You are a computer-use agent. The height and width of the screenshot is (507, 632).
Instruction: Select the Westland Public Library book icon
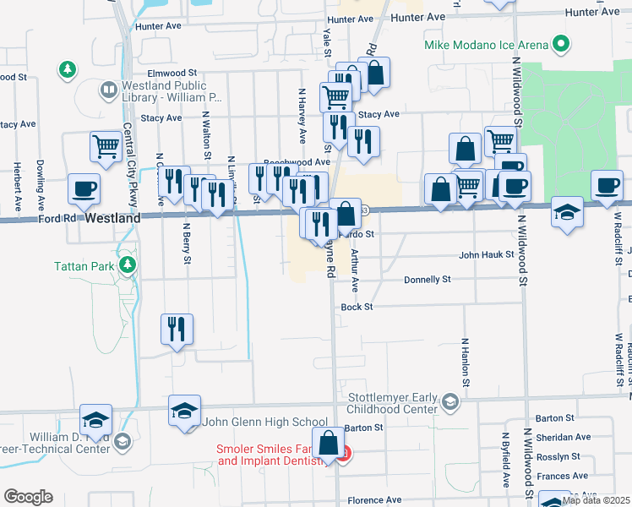pyautogui.click(x=109, y=89)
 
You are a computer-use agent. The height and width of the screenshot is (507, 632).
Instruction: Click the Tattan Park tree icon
pyautogui.click(x=128, y=266)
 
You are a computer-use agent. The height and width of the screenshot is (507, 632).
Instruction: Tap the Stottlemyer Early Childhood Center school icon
pyautogui.click(x=452, y=401)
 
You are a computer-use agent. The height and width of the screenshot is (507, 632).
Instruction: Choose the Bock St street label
pyautogui.click(x=357, y=307)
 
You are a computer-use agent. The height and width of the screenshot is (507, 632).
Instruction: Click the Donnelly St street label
pyautogui.click(x=427, y=279)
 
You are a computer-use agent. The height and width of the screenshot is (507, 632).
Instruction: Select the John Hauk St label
pyautogui.click(x=486, y=253)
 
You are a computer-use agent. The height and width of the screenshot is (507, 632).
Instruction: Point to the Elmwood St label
pyautogui.click(x=172, y=74)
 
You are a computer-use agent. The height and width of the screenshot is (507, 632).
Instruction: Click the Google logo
pyautogui.click(x=28, y=497)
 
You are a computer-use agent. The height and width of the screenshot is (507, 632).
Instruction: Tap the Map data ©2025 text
pyautogui.click(x=596, y=500)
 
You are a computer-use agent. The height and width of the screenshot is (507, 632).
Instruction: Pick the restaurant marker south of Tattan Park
pyautogui.click(x=177, y=328)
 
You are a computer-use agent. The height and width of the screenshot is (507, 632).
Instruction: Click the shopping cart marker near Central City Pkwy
pyautogui.click(x=106, y=146)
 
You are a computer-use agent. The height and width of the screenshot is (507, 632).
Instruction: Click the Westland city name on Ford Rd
pyautogui.click(x=112, y=218)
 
